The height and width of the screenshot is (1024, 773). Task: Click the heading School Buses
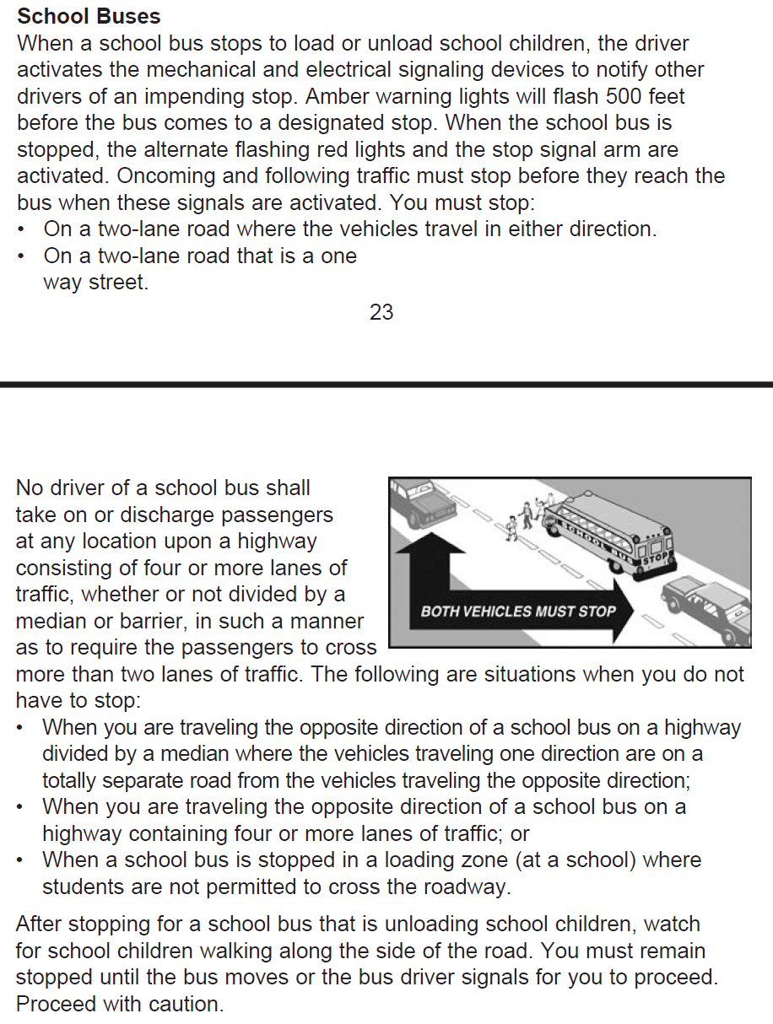89,16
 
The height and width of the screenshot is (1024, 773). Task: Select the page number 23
381,312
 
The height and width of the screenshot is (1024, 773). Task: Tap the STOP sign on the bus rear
656,558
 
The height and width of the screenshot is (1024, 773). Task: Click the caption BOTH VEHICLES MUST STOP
518,611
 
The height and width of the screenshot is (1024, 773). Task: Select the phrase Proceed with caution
120,1005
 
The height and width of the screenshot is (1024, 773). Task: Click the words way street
95,283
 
